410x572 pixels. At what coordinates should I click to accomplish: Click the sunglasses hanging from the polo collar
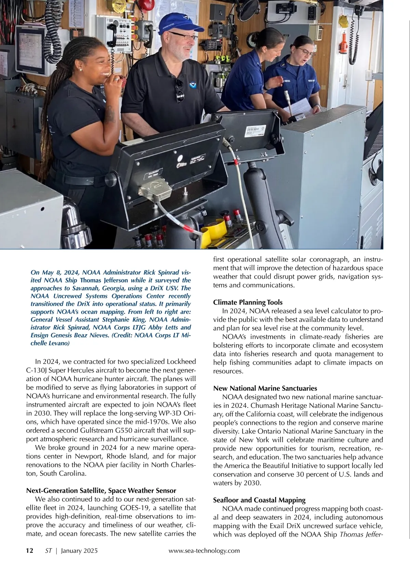coord(179,91)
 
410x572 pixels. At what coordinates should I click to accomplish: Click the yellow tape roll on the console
coord(214,230)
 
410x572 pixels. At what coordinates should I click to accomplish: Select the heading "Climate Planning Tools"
coord(248,302)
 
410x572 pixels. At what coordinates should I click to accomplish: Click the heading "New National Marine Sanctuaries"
coord(265,388)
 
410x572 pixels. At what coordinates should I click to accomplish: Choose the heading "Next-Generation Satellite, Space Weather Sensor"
coord(101,491)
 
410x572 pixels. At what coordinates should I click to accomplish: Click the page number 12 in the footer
coord(30,551)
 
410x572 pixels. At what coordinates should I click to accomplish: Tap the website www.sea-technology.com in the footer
coord(204,551)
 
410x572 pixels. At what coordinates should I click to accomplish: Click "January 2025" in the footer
coord(79,551)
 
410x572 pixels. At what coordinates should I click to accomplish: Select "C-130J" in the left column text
coord(37,370)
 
